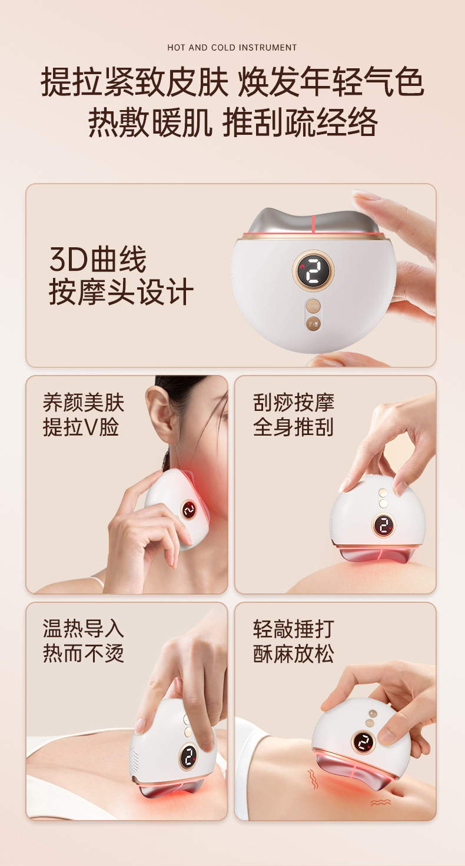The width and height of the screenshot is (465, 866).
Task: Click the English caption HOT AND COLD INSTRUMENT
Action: point(232,48)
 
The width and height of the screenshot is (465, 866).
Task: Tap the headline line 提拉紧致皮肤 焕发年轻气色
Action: point(232,82)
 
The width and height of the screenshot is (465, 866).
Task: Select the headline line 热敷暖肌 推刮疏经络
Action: point(232,122)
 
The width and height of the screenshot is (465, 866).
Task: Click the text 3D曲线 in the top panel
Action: point(98,259)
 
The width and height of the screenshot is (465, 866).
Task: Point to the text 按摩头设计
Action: point(121,292)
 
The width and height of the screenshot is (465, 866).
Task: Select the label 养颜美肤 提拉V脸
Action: point(83,415)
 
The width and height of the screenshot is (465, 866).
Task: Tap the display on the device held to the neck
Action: point(189,510)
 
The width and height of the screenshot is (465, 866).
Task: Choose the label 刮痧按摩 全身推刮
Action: point(293,415)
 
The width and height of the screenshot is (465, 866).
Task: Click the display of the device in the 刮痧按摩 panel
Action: point(383,525)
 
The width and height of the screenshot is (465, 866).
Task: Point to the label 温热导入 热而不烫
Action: point(83,641)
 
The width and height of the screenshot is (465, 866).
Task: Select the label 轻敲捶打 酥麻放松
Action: point(293,641)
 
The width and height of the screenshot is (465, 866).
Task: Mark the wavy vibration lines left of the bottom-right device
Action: point(313,778)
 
